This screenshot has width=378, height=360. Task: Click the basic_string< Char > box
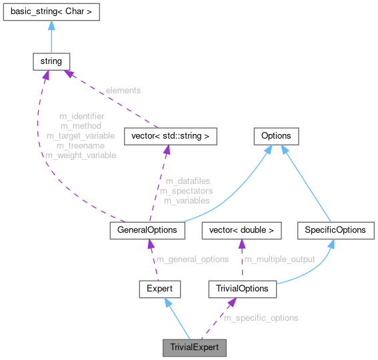51,12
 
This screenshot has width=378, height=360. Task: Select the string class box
51,61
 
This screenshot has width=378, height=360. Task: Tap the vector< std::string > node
171,137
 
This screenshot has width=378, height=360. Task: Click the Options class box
275,137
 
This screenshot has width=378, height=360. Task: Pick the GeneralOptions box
147,230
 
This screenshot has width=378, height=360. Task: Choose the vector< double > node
241,230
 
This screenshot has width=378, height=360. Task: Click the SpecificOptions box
335,230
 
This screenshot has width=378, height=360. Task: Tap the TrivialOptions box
243,289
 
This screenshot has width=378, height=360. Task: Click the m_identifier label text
82,116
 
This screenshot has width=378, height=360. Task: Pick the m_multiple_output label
279,259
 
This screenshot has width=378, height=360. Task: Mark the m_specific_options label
261,318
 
